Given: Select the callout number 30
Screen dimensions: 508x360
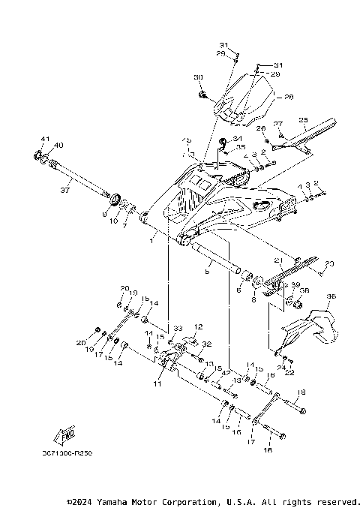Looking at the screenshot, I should (x=199, y=77).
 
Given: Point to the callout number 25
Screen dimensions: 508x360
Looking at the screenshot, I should (x=304, y=119).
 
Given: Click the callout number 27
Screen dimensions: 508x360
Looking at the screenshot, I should (x=277, y=124).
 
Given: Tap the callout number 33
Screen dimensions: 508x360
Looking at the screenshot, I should (x=178, y=329).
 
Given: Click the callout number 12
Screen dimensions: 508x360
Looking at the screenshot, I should (x=199, y=327).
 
